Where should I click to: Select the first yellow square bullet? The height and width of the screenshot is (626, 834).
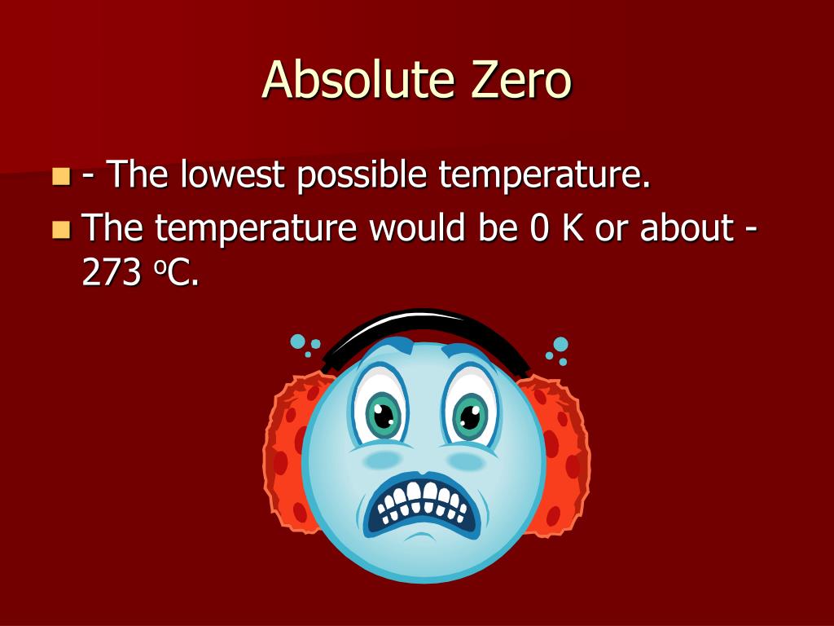61,176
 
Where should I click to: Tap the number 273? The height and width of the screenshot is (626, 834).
111,275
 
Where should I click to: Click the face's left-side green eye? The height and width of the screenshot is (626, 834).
384,415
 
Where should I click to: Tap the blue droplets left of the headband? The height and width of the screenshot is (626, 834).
300,343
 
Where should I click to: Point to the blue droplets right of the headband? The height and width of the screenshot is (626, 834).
558,349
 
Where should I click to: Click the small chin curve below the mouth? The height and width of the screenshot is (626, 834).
419,538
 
